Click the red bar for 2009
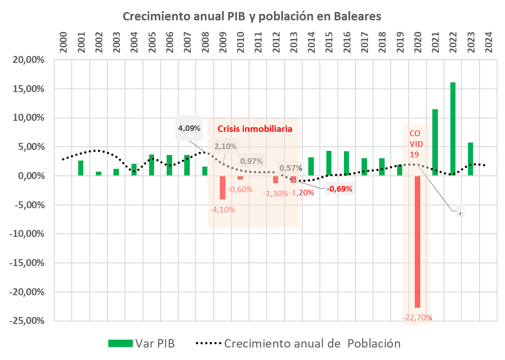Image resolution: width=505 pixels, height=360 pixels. [223, 187]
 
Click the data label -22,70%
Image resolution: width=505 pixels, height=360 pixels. [417, 317]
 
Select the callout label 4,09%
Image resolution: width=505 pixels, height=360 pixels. [189, 128]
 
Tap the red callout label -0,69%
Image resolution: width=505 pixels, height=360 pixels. [339, 188]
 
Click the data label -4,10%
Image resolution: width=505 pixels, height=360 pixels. [223, 210]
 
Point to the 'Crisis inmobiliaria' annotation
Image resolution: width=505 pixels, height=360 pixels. [255, 129]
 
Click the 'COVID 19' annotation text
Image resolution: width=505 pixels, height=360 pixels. [415, 143]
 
